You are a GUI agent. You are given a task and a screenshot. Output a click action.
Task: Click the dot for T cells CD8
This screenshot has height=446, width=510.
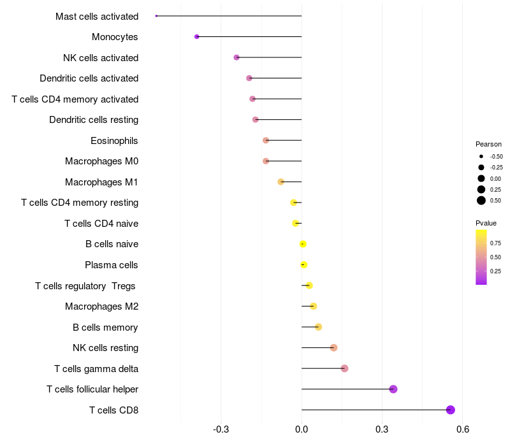tap(451, 410)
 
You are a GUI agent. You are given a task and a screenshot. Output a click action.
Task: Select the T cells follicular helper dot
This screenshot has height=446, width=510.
tap(393, 389)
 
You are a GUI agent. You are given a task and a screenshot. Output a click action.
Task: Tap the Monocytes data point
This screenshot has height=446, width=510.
tap(197, 37)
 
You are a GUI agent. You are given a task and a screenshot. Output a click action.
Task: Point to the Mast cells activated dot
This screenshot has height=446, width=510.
tap(156, 16)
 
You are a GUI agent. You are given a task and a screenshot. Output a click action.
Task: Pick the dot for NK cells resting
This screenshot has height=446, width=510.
tap(333, 348)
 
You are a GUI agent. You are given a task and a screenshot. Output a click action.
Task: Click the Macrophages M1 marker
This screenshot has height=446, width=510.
tap(281, 182)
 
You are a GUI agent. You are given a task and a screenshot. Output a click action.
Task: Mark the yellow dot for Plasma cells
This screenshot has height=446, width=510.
tap(304, 265)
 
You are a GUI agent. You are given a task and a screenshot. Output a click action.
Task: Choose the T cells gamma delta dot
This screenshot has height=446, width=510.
tap(344, 368)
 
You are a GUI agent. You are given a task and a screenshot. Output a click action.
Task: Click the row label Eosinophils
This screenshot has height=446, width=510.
tap(114, 141)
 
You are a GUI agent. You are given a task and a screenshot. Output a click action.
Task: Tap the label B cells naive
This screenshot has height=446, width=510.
tap(112, 244)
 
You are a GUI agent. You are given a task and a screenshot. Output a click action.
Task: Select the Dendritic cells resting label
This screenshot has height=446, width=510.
tap(94, 120)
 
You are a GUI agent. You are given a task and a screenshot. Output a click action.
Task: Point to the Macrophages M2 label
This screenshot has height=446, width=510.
tap(101, 306)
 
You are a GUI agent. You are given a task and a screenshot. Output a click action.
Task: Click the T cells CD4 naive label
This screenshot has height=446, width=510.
tap(101, 224)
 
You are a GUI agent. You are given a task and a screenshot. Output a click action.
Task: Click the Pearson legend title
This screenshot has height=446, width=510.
tap(488, 144)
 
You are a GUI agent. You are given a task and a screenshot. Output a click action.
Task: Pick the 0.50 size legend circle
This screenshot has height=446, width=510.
tap(481, 201)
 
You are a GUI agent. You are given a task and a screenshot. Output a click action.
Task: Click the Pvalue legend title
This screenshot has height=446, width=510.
tap(486, 223)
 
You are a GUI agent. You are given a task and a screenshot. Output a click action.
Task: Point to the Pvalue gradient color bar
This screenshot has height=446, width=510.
tap(481, 257)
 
